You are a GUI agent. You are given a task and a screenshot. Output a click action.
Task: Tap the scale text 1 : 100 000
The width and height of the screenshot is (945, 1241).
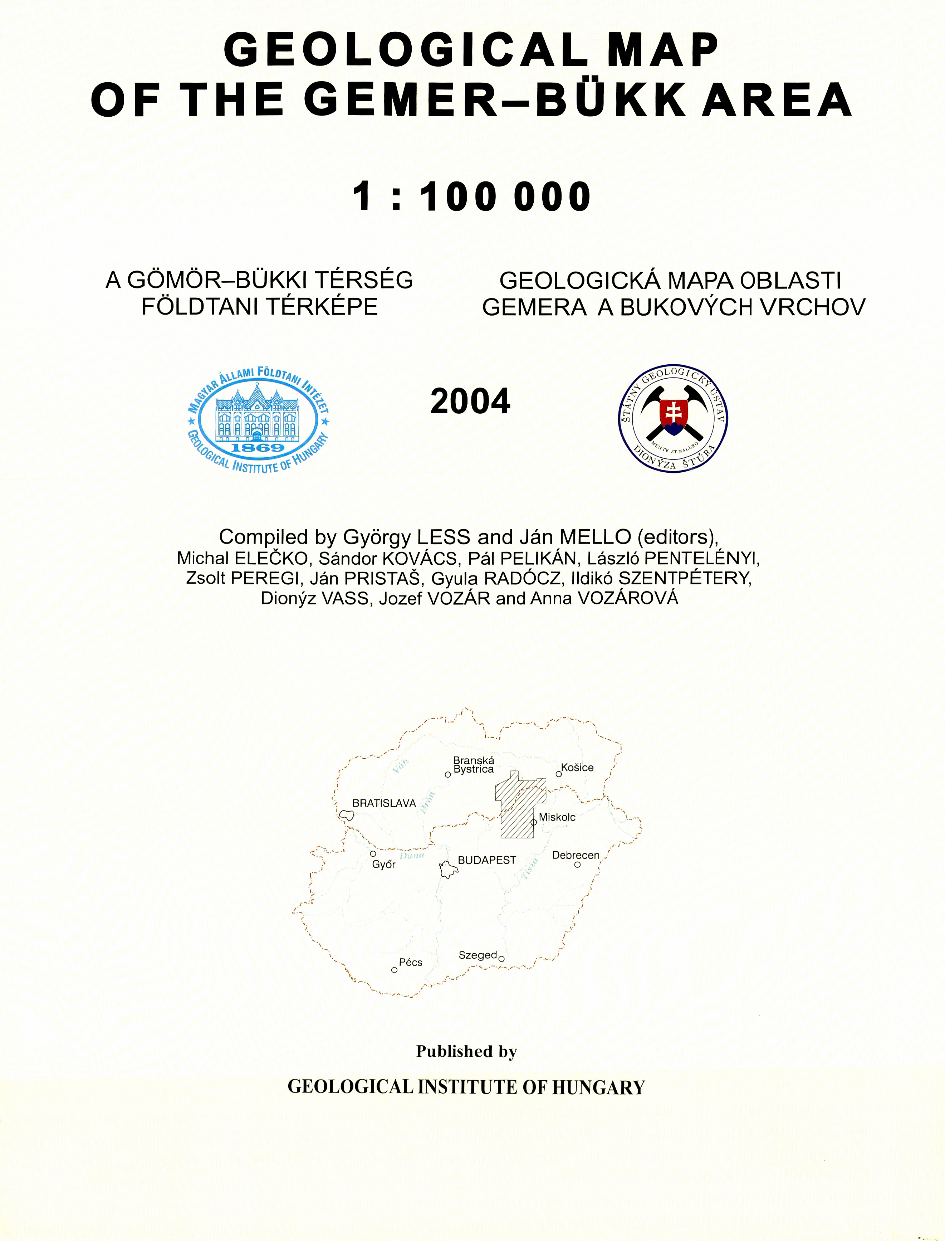(x=472, y=197)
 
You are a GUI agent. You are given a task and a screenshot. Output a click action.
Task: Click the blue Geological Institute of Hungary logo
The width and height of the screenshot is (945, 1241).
(x=259, y=420)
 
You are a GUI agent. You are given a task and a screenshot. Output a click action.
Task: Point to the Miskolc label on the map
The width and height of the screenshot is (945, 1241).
(x=557, y=817)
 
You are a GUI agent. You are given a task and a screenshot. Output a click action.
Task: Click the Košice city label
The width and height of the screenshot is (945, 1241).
(x=577, y=768)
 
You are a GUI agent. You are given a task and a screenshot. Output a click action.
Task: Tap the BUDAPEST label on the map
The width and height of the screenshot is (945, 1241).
(x=486, y=860)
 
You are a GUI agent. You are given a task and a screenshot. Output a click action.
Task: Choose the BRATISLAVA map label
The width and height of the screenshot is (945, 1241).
(x=384, y=803)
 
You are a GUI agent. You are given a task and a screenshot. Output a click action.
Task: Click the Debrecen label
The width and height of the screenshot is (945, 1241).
(x=576, y=855)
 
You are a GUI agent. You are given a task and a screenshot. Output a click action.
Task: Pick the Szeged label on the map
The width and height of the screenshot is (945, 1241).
(x=478, y=955)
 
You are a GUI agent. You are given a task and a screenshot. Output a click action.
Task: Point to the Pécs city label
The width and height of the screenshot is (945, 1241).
(x=410, y=962)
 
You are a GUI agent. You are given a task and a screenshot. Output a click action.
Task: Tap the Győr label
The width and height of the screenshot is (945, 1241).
(x=384, y=865)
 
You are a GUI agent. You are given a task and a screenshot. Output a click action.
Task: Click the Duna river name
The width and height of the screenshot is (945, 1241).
(x=412, y=856)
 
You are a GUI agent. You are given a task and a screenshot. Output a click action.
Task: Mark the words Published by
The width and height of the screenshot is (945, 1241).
(x=466, y=1051)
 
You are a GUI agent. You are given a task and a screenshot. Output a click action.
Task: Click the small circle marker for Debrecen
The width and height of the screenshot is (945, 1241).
(x=578, y=865)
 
